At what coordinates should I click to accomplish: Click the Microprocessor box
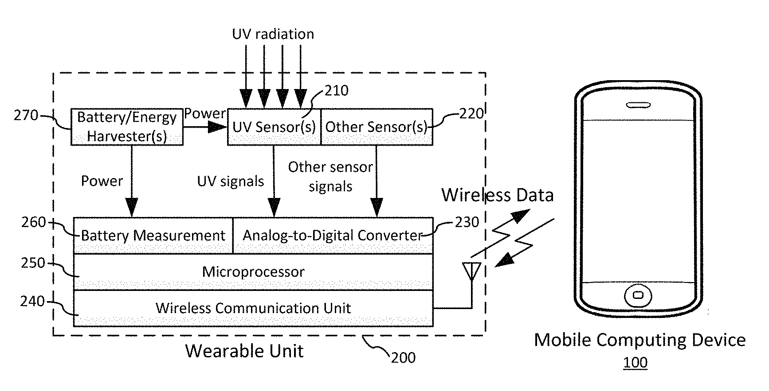coord(253,271)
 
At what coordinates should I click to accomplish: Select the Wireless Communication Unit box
coord(253,308)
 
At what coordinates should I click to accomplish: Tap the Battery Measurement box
coord(153,235)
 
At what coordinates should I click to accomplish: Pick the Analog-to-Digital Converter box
coord(333,235)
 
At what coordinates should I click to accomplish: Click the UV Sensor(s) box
coord(274,127)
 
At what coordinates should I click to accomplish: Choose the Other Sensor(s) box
coord(376,127)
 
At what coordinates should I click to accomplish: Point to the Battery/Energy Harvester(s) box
coord(127,127)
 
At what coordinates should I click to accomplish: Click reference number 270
coord(26,116)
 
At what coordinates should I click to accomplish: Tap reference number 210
coord(337,91)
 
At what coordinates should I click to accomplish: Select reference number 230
coord(467,221)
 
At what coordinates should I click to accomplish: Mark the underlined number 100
coord(635,363)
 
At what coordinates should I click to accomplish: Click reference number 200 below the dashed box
coord(403,357)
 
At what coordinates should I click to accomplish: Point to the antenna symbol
coord(471,271)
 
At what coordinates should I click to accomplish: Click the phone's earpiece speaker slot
coord(638,105)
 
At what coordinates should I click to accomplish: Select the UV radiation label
coord(273,34)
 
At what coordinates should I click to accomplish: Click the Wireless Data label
coord(498,195)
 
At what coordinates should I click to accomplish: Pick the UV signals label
coord(231,181)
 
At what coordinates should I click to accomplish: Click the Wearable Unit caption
coord(244,351)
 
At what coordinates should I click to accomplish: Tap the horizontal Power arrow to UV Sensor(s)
coord(205,128)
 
